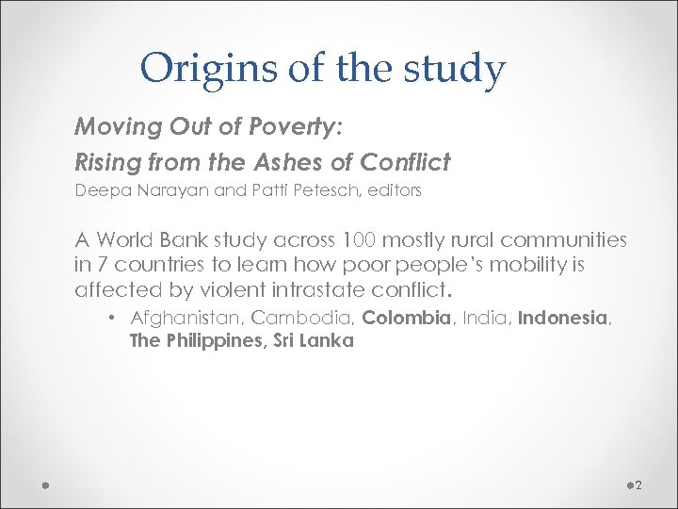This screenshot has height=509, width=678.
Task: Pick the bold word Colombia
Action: (x=406, y=318)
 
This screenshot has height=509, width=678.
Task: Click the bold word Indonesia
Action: (x=563, y=318)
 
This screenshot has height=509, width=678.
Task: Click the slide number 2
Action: (x=638, y=484)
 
